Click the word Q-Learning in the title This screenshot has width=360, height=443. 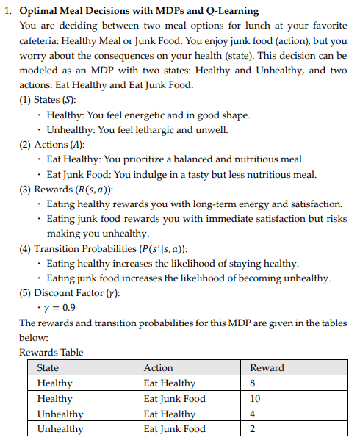(x=227, y=11)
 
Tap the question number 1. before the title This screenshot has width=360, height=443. (x=7, y=11)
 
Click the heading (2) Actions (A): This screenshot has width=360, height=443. (x=54, y=145)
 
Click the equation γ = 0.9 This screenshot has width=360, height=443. (x=60, y=308)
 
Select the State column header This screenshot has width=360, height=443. (x=48, y=367)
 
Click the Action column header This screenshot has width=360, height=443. (x=159, y=367)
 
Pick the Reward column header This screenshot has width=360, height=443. (x=267, y=367)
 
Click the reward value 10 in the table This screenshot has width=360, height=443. (x=256, y=398)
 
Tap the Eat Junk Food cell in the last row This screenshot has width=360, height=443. (x=174, y=428)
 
